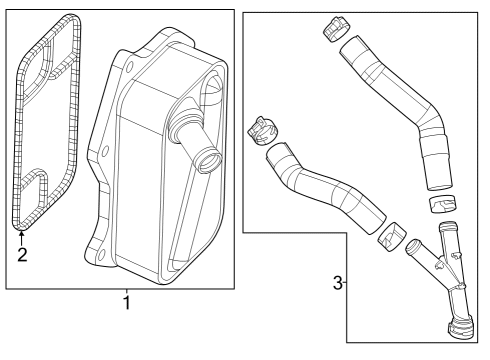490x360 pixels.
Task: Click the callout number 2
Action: tap(21, 254)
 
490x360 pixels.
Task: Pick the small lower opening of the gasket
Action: tap(32, 191)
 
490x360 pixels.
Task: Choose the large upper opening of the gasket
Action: tap(45, 60)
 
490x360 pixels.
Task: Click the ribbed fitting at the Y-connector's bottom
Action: tap(463, 331)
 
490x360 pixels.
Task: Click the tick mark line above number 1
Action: tap(126, 291)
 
